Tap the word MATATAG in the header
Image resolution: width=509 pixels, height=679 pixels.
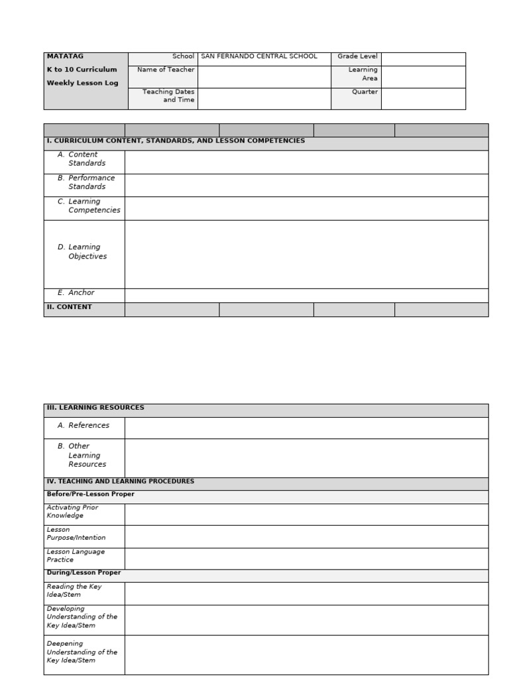pyautogui.click(x=65, y=56)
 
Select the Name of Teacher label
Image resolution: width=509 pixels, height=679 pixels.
pyautogui.click(x=166, y=70)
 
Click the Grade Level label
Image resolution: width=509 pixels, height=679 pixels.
pyautogui.click(x=357, y=57)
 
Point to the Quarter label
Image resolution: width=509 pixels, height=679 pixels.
pyautogui.click(x=365, y=92)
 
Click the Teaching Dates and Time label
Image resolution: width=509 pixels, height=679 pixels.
pyautogui.click(x=168, y=96)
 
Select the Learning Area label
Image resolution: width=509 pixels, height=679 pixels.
pyautogui.click(x=363, y=74)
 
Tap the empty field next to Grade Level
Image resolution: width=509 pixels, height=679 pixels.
pyautogui.click(x=423, y=59)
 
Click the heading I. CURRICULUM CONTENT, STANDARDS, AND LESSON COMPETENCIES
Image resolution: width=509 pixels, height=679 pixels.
pyautogui.click(x=176, y=141)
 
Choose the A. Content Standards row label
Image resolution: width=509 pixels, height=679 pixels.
pyautogui.click(x=82, y=159)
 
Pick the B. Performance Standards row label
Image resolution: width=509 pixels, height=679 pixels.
pyautogui.click(x=87, y=182)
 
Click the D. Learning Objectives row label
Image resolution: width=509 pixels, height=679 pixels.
pyautogui.click(x=83, y=252)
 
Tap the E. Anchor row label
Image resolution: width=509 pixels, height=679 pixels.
pyautogui.click(x=76, y=293)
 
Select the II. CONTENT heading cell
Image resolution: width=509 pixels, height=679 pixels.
pyautogui.click(x=70, y=308)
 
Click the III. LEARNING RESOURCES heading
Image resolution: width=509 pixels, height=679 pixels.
pyautogui.click(x=95, y=408)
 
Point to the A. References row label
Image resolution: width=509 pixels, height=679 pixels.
pyautogui.click(x=84, y=426)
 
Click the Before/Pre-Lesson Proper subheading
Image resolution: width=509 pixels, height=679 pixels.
pyautogui.click(x=90, y=495)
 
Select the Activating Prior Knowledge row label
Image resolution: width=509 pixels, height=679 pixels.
pyautogui.click(x=72, y=512)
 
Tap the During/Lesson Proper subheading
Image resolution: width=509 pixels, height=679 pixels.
pyautogui.click(x=84, y=573)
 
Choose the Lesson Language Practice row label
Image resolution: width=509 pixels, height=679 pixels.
pyautogui.click(x=76, y=556)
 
